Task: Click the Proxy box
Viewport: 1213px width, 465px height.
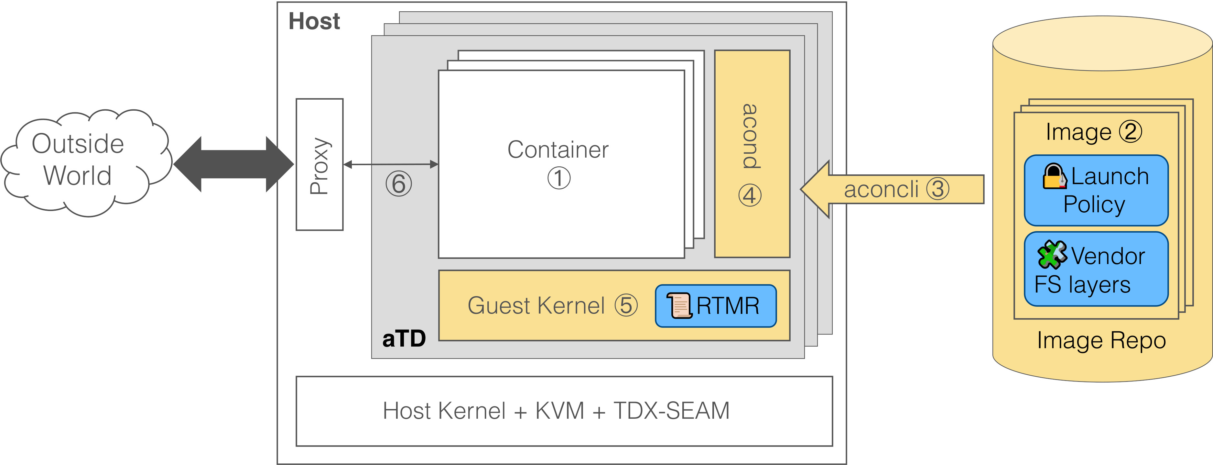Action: coord(319,164)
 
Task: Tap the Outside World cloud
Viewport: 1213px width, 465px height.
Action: coord(78,160)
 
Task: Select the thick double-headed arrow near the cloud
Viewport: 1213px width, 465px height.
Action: coord(233,164)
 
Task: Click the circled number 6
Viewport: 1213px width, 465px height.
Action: coord(398,184)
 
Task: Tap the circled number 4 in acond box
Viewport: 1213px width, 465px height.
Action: coord(750,195)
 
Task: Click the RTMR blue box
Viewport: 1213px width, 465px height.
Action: coord(715,306)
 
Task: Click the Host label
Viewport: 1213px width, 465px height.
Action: coord(314,21)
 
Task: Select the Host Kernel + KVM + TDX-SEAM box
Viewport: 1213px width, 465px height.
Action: coord(564,411)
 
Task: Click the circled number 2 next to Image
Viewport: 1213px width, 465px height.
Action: coord(1130,131)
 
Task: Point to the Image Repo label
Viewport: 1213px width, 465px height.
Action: coord(1101,340)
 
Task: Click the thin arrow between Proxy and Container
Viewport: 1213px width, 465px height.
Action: coord(391,164)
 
